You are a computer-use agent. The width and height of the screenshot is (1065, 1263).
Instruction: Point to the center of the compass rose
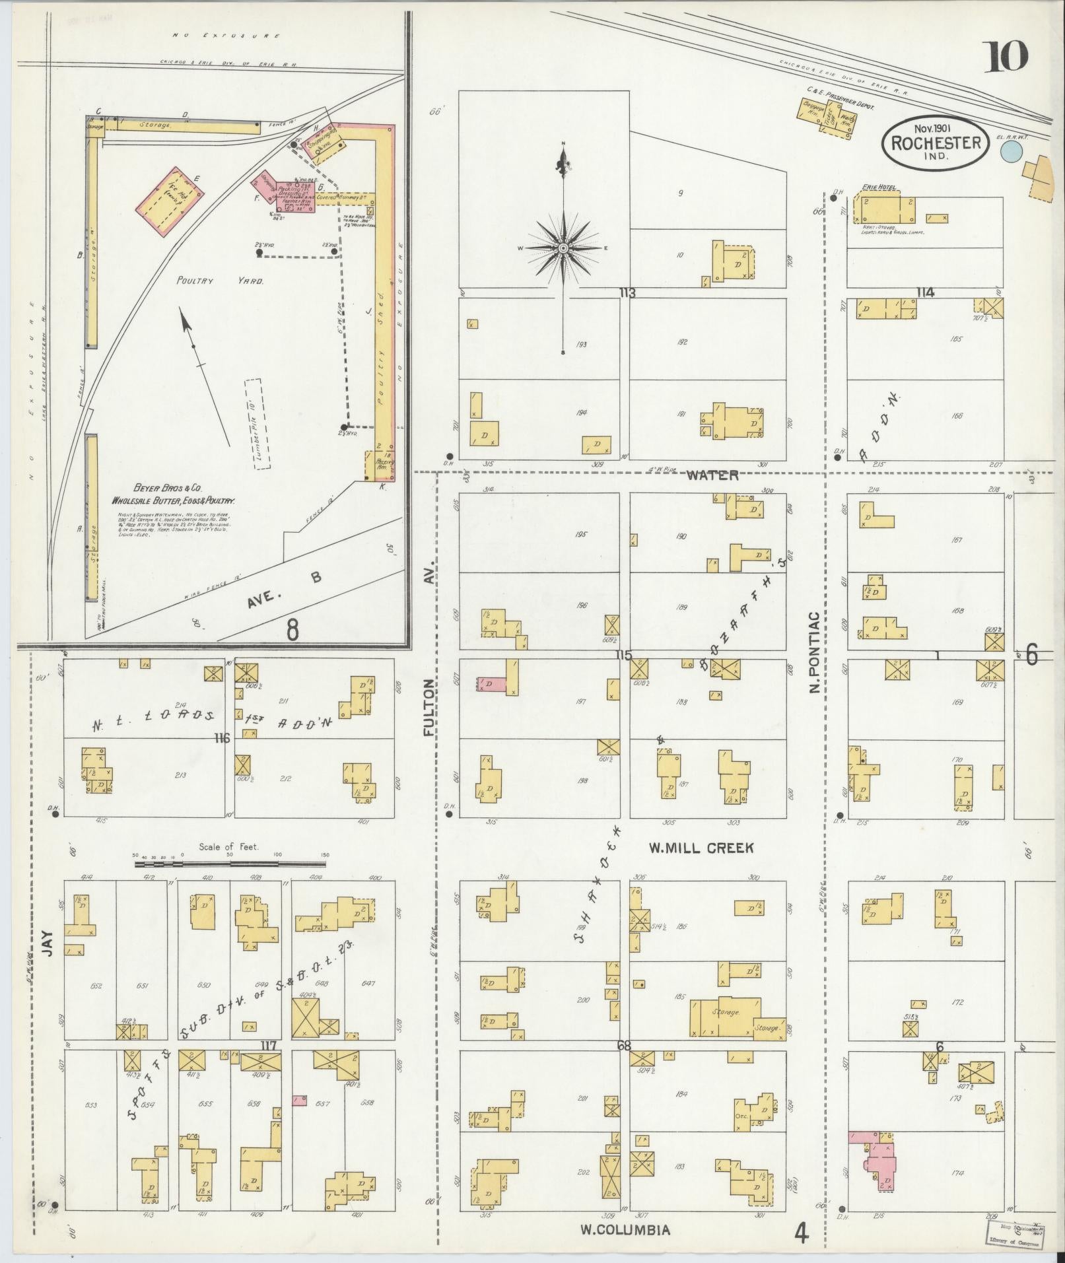(563, 248)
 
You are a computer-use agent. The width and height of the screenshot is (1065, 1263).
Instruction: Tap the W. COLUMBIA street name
(625, 1229)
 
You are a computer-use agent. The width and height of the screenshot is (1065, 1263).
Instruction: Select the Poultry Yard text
(220, 281)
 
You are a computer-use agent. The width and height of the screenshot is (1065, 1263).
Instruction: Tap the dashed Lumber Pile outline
(257, 424)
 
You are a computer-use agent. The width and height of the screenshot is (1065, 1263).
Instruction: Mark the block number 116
(221, 738)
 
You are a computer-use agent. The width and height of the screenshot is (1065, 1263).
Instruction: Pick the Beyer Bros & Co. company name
(168, 489)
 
